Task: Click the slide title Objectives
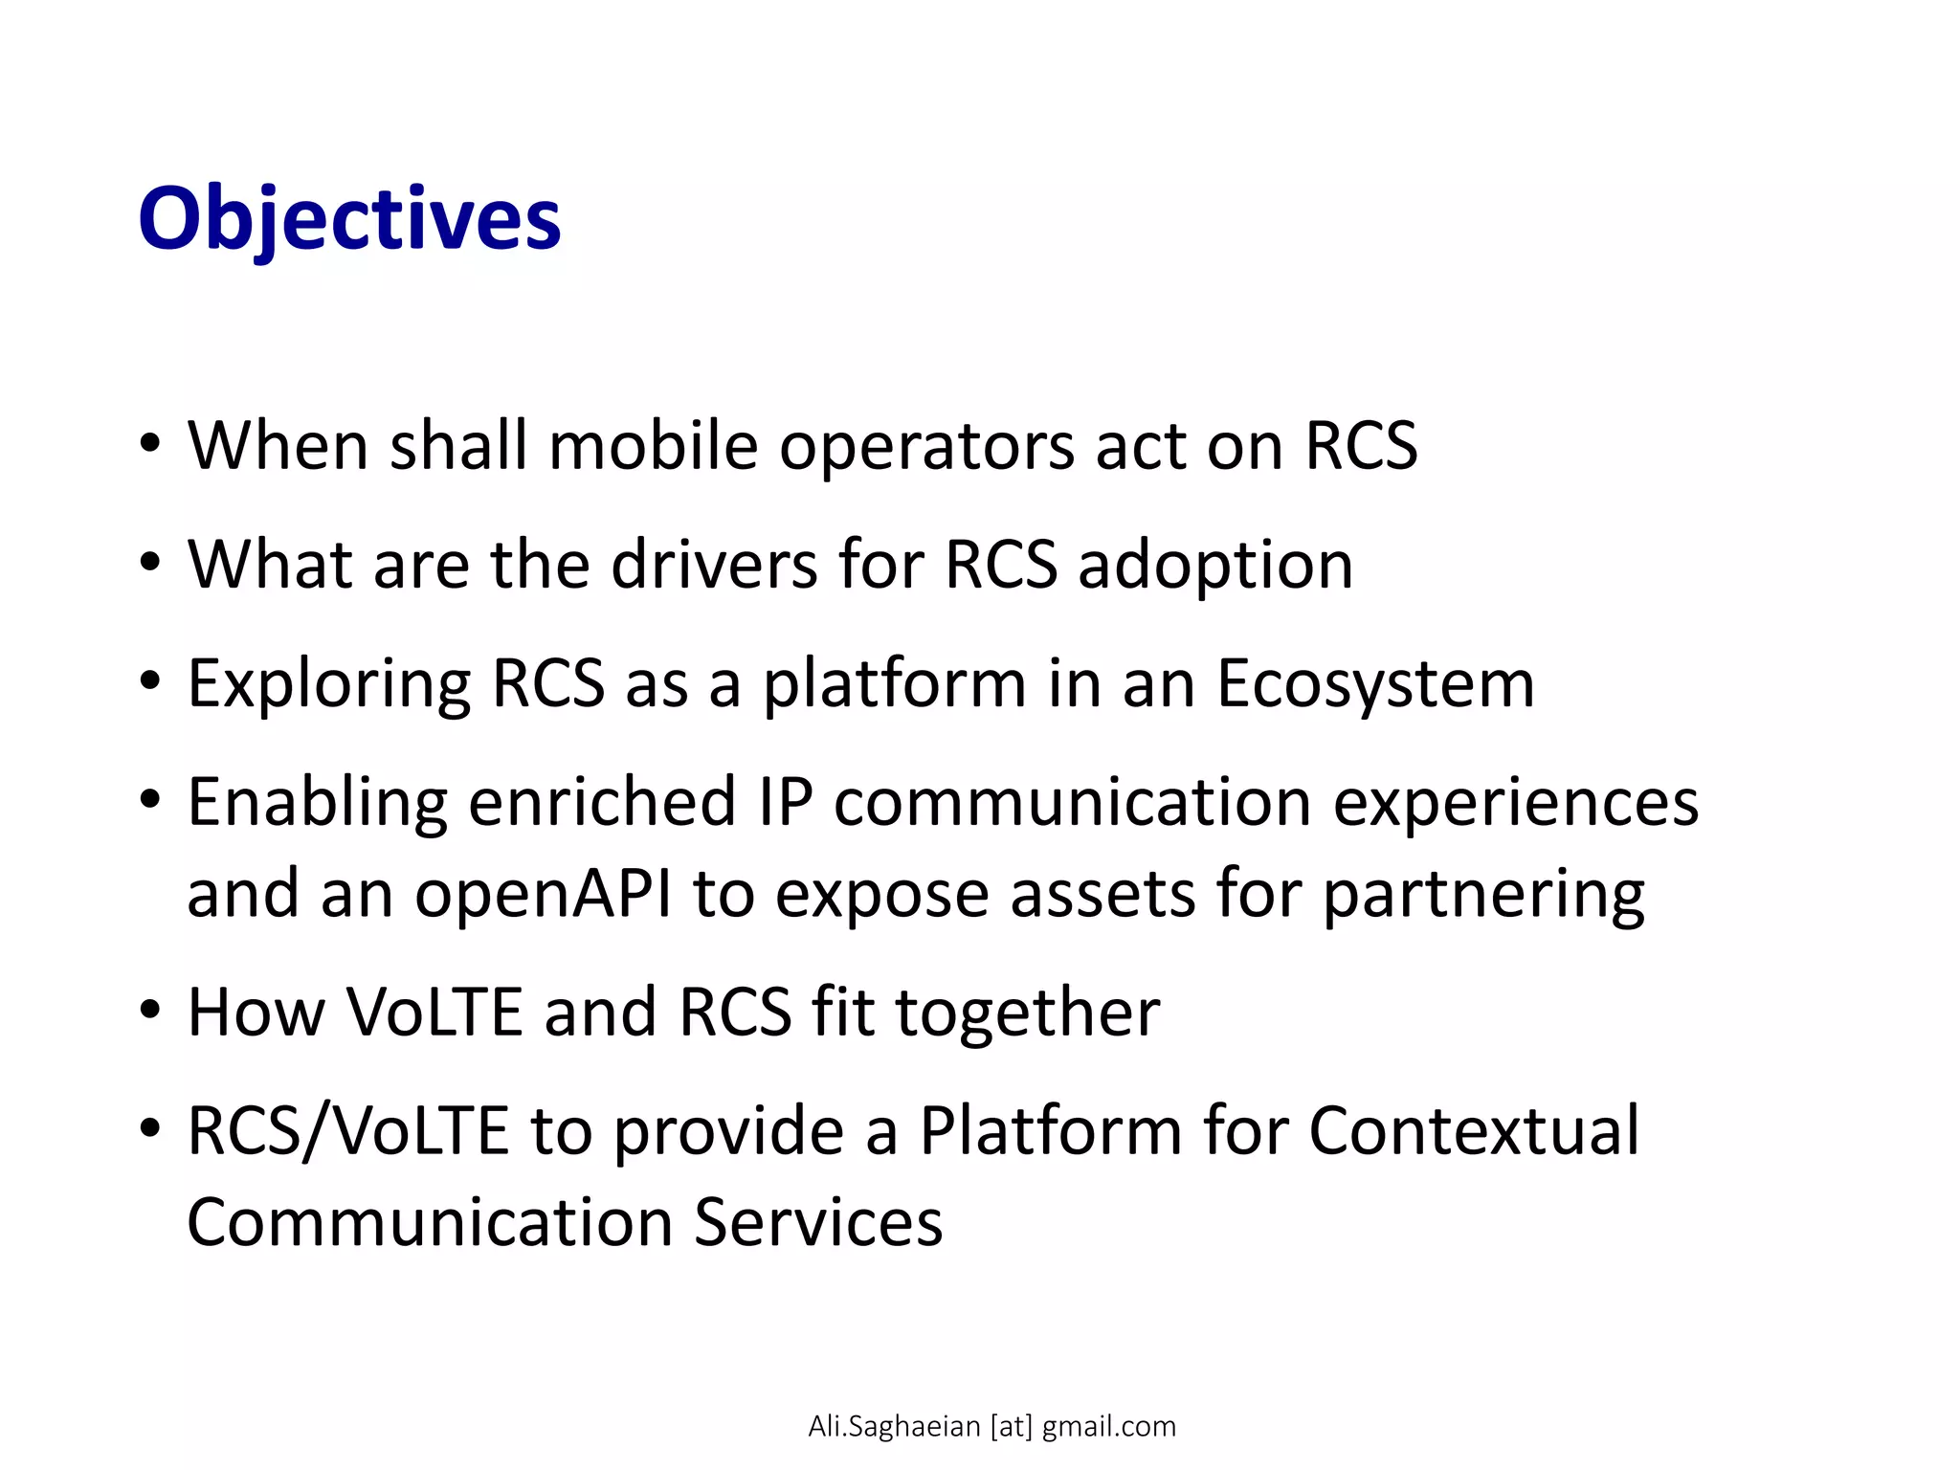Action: (349, 220)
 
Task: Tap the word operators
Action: (926, 448)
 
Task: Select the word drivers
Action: (714, 565)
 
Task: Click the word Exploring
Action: (328, 685)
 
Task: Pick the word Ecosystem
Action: (1375, 685)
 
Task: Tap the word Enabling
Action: (317, 804)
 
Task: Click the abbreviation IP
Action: (786, 802)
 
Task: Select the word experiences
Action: (1516, 804)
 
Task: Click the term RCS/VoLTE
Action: (347, 1131)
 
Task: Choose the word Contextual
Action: (1474, 1131)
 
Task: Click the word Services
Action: (818, 1223)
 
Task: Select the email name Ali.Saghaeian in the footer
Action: (894, 1427)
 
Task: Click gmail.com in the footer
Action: (1108, 1427)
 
